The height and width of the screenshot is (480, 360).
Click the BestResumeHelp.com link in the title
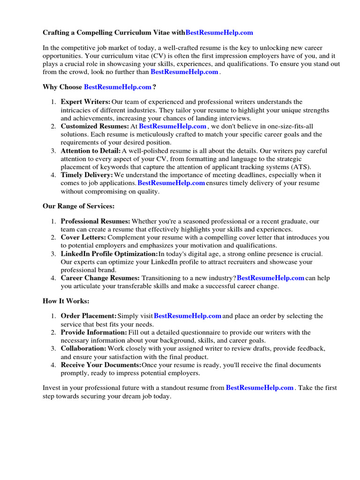[x=219, y=32]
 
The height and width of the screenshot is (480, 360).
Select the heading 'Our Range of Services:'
[x=78, y=206]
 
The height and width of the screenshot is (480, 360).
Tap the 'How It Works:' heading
[x=66, y=301]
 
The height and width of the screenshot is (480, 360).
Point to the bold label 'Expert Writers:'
[x=86, y=102]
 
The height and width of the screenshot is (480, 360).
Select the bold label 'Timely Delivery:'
[x=87, y=175]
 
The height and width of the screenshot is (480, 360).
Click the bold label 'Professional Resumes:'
[x=96, y=221]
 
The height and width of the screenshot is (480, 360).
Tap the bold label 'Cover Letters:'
[x=83, y=238]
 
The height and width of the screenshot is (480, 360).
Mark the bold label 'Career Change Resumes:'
[x=100, y=278]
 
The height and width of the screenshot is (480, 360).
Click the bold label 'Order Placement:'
[x=89, y=316]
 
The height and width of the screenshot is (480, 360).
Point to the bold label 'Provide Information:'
[x=94, y=332]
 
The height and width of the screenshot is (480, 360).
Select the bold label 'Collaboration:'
[x=83, y=349]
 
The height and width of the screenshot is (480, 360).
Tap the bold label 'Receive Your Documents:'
[x=101, y=365]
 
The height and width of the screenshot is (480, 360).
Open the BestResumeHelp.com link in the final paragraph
[x=260, y=388]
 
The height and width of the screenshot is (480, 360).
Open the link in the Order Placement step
[x=187, y=316]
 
